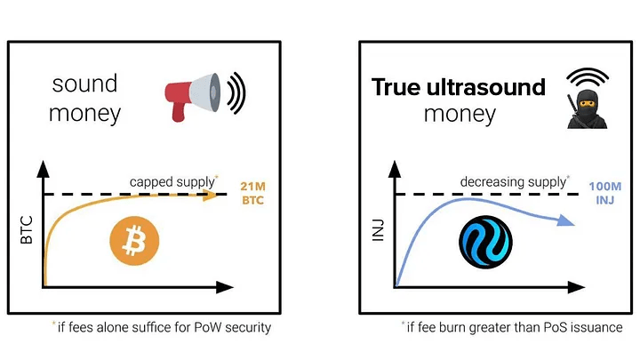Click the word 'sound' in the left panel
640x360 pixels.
[x=84, y=84]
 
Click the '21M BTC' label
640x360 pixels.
[x=253, y=194]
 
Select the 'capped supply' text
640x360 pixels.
[x=171, y=181]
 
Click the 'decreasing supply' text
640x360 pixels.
[x=513, y=181]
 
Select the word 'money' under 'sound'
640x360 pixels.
[x=84, y=114]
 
